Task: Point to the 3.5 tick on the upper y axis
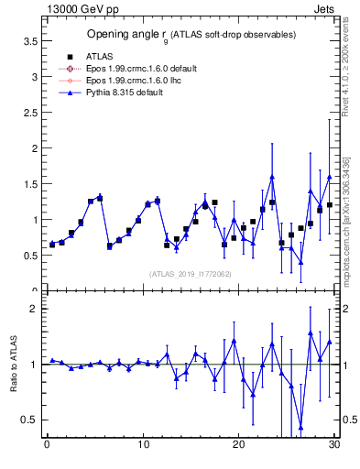(x=29, y=41)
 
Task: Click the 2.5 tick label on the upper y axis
(x=29, y=113)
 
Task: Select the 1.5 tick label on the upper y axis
(x=29, y=184)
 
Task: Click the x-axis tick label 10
(x=143, y=446)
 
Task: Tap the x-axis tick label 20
(x=238, y=446)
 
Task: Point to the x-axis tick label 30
(x=333, y=446)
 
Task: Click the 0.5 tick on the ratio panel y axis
(x=29, y=420)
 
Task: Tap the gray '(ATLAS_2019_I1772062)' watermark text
(x=190, y=274)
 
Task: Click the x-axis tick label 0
(x=47, y=446)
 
